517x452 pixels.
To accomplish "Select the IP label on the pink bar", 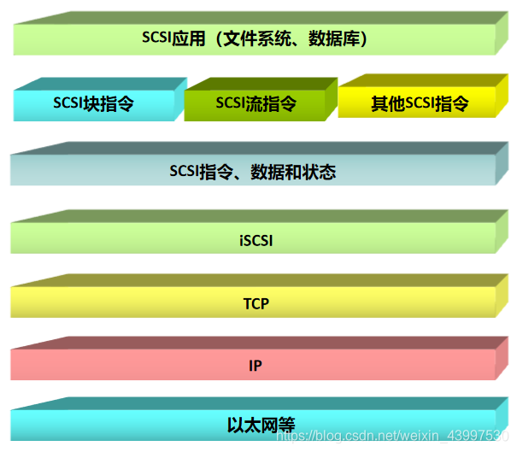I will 256,366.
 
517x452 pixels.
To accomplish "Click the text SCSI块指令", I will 94,104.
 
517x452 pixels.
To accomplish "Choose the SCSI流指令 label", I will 256,104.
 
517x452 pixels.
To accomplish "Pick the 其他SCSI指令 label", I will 420,104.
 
